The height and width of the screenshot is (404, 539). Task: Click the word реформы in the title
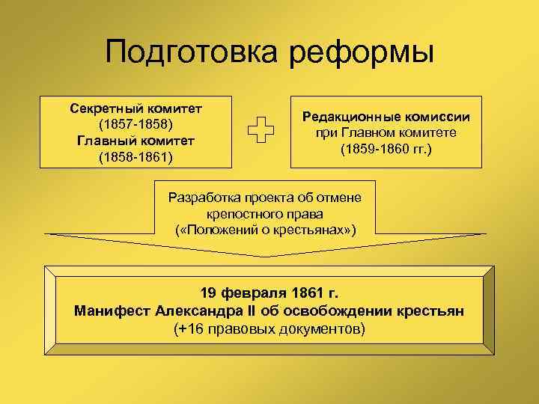(x=360, y=53)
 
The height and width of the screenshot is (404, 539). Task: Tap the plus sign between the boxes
(x=259, y=131)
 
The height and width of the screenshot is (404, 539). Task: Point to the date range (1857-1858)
(x=135, y=123)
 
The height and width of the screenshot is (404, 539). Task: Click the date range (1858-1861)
(x=135, y=156)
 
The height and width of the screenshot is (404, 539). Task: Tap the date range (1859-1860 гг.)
(x=386, y=149)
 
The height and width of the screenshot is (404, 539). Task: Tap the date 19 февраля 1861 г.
(x=269, y=292)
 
